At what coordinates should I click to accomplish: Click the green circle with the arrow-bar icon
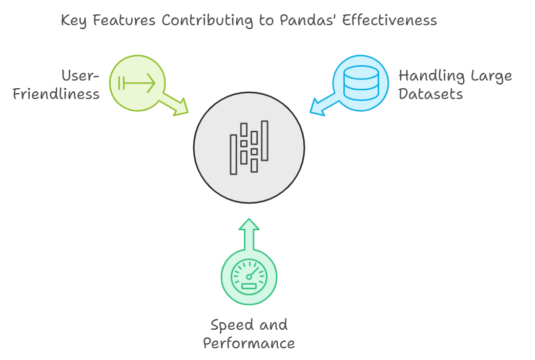pos(137,83)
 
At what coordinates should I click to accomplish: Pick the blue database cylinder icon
pos(361,83)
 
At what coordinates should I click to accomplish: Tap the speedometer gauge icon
pos(249,277)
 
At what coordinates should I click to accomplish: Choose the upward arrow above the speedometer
pos(249,234)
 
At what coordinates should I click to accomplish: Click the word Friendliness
pos(56,94)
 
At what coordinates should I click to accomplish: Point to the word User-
pos(80,76)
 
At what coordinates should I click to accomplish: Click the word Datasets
pos(430,94)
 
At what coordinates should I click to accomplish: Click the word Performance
pos(249,343)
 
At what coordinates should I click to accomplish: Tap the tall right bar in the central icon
pos(264,141)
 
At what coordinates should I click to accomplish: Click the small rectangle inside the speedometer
pos(249,286)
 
